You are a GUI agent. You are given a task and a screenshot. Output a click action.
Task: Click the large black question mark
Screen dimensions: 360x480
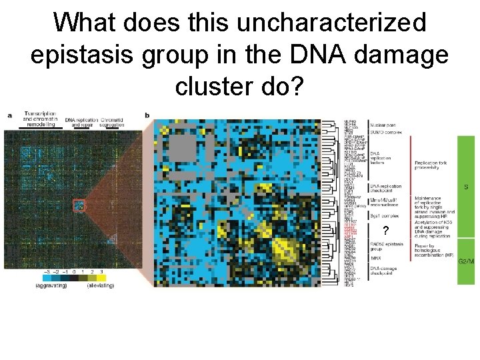point(385,231)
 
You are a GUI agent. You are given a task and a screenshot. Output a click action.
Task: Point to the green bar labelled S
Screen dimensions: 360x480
point(465,187)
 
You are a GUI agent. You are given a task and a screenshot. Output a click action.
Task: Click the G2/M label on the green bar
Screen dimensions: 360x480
point(466,261)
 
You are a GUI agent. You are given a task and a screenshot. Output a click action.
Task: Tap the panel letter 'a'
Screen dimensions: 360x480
point(9,115)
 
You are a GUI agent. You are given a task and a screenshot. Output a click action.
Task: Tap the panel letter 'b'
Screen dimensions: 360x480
point(147,115)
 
